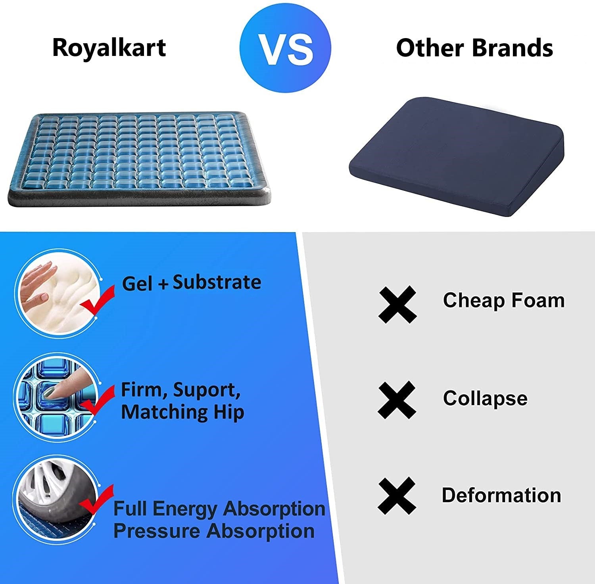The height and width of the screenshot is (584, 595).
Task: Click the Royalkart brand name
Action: click(x=109, y=48)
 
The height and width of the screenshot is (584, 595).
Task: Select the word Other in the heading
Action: click(x=430, y=48)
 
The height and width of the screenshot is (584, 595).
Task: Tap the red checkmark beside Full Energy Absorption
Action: click(x=97, y=502)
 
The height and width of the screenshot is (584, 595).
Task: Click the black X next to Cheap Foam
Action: click(x=397, y=304)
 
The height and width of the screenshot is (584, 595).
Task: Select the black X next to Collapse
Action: click(x=397, y=400)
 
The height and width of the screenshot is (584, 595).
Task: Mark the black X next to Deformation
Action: click(x=397, y=496)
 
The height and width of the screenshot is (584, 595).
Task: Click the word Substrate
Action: click(x=217, y=282)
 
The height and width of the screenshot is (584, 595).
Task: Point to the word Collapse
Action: click(x=485, y=398)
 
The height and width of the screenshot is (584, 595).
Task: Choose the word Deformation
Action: click(x=501, y=495)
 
